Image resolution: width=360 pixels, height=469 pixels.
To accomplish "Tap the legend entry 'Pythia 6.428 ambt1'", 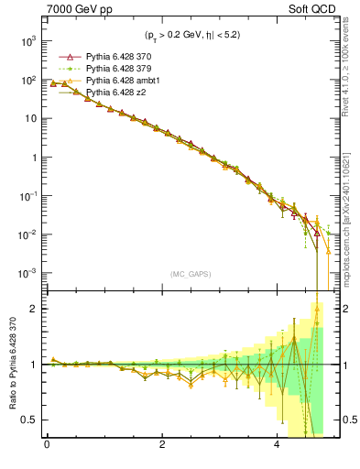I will tap(121, 81).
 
